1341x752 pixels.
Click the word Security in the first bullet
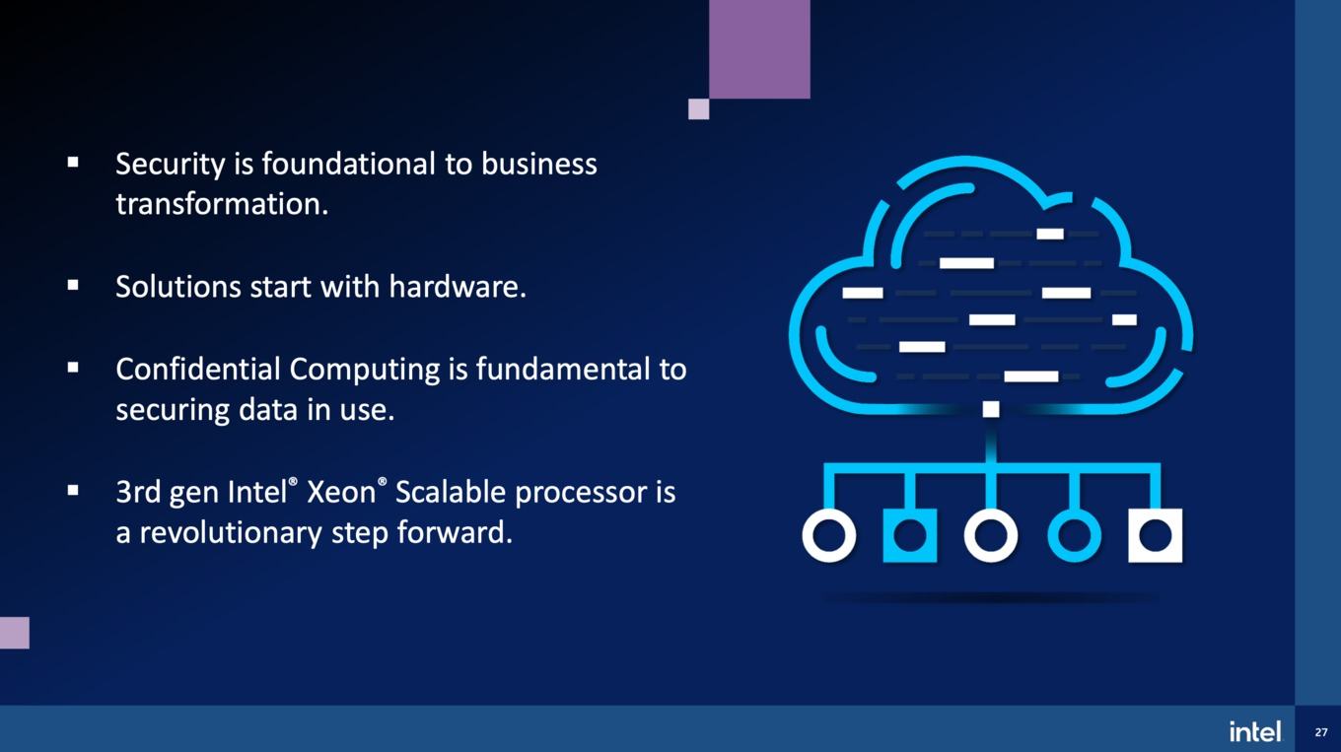coord(171,165)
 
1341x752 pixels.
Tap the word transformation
coord(222,204)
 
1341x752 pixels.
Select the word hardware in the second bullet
coord(458,287)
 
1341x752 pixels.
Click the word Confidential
coord(198,369)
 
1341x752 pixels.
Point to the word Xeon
coord(341,493)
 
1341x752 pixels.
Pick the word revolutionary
coord(231,532)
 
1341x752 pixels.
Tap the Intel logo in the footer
coord(1255,731)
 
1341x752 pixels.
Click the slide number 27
coord(1320,732)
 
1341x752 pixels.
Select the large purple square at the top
coord(759,49)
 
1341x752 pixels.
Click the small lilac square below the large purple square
coord(699,109)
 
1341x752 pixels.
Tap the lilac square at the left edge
coord(15,633)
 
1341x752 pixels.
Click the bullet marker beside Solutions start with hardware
coord(73,286)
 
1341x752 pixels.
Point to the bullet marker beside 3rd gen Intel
coord(73,491)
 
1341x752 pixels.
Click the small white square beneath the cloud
coord(991,409)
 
